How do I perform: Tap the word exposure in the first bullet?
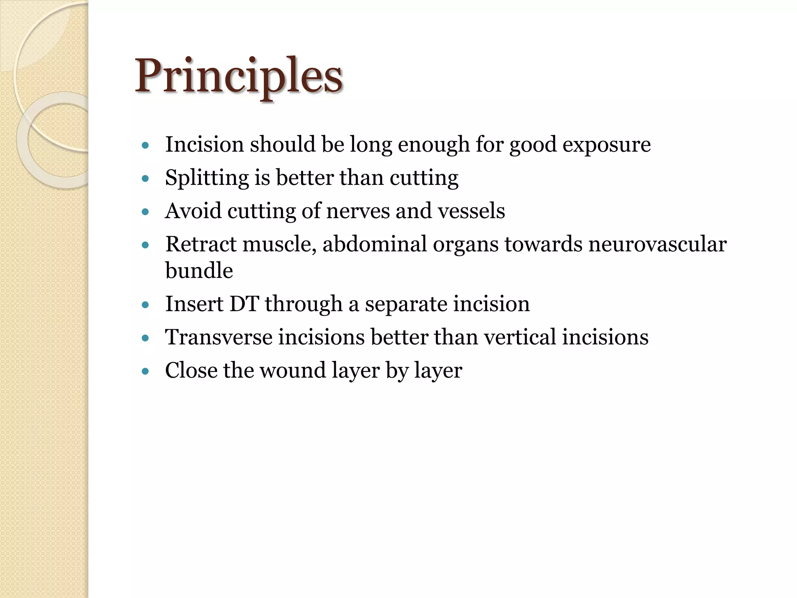[606, 145]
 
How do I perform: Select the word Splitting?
[206, 178]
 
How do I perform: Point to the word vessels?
[471, 211]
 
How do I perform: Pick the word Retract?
[201, 244]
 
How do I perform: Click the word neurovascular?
[657, 244]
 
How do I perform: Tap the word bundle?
[199, 271]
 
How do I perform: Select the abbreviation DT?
[244, 304]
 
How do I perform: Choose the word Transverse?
[218, 337]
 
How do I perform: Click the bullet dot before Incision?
[146, 146]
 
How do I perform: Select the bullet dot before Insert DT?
[146, 305]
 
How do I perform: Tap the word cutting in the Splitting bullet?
[424, 178]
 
